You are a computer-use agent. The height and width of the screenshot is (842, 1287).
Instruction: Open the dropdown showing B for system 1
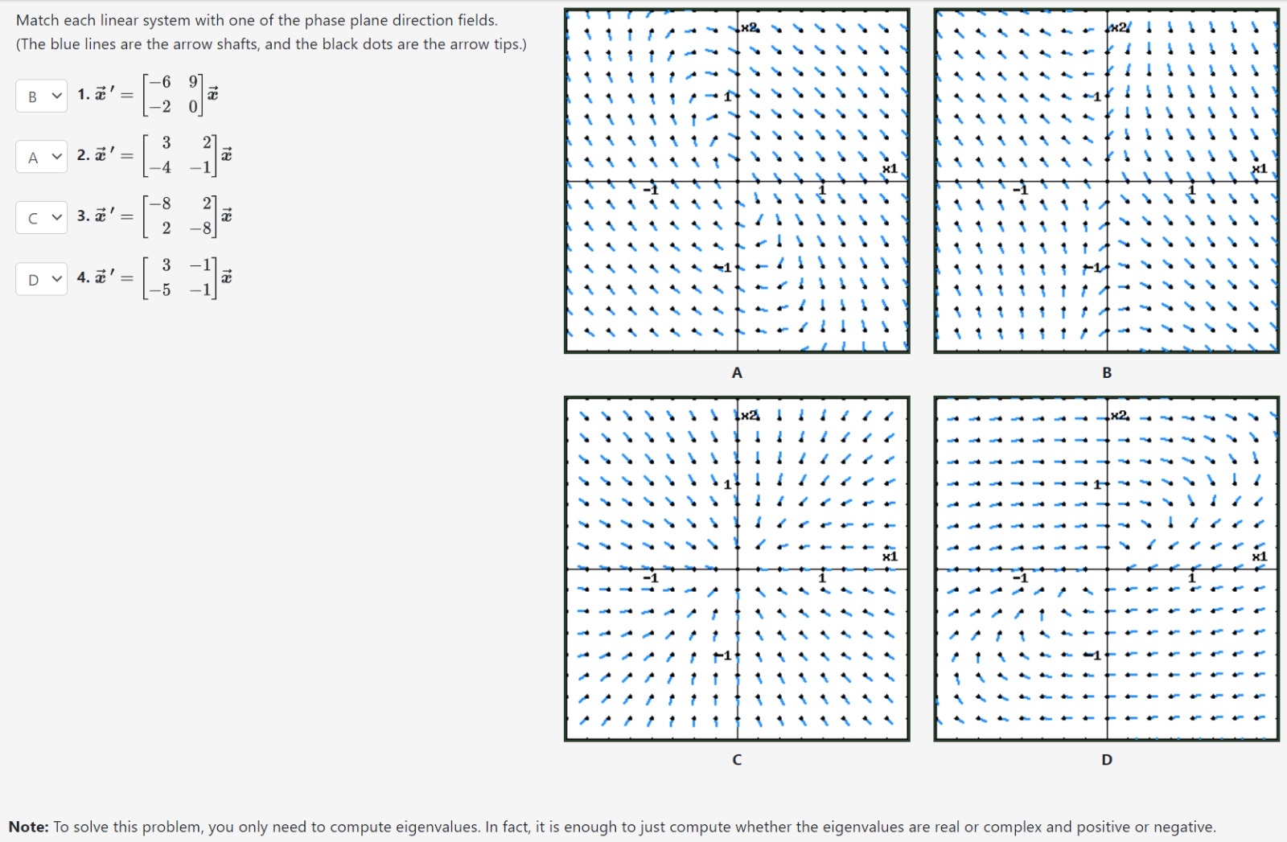pyautogui.click(x=41, y=97)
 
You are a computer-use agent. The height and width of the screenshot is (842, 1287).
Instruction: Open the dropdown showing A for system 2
pyautogui.click(x=41, y=157)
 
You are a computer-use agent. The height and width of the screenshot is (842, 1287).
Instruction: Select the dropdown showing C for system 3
pyautogui.click(x=41, y=217)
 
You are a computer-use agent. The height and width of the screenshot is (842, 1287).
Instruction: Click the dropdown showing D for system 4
pyautogui.click(x=41, y=279)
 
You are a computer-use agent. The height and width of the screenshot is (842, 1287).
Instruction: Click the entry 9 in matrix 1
pyautogui.click(x=193, y=81)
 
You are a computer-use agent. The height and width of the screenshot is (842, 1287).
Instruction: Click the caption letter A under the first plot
pyautogui.click(x=737, y=372)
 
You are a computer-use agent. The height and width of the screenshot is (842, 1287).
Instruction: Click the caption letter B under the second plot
pyautogui.click(x=1107, y=372)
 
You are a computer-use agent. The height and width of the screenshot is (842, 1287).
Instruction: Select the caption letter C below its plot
pyautogui.click(x=737, y=759)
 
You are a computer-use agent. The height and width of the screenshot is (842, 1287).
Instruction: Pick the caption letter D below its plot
pyautogui.click(x=1107, y=759)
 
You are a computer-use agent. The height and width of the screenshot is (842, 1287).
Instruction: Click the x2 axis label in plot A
pyautogui.click(x=749, y=28)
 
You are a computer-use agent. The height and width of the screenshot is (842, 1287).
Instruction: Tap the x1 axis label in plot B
pyautogui.click(x=1260, y=169)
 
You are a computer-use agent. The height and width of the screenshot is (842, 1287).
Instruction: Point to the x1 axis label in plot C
pyautogui.click(x=890, y=557)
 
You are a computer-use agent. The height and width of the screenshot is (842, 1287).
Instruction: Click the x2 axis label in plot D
pyautogui.click(x=1119, y=415)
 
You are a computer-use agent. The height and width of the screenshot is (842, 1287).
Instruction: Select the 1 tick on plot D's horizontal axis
pyautogui.click(x=1192, y=577)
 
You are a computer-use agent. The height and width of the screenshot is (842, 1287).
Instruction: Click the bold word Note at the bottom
pyautogui.click(x=28, y=827)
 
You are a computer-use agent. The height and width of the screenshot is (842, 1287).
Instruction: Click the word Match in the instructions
pyautogui.click(x=37, y=20)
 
